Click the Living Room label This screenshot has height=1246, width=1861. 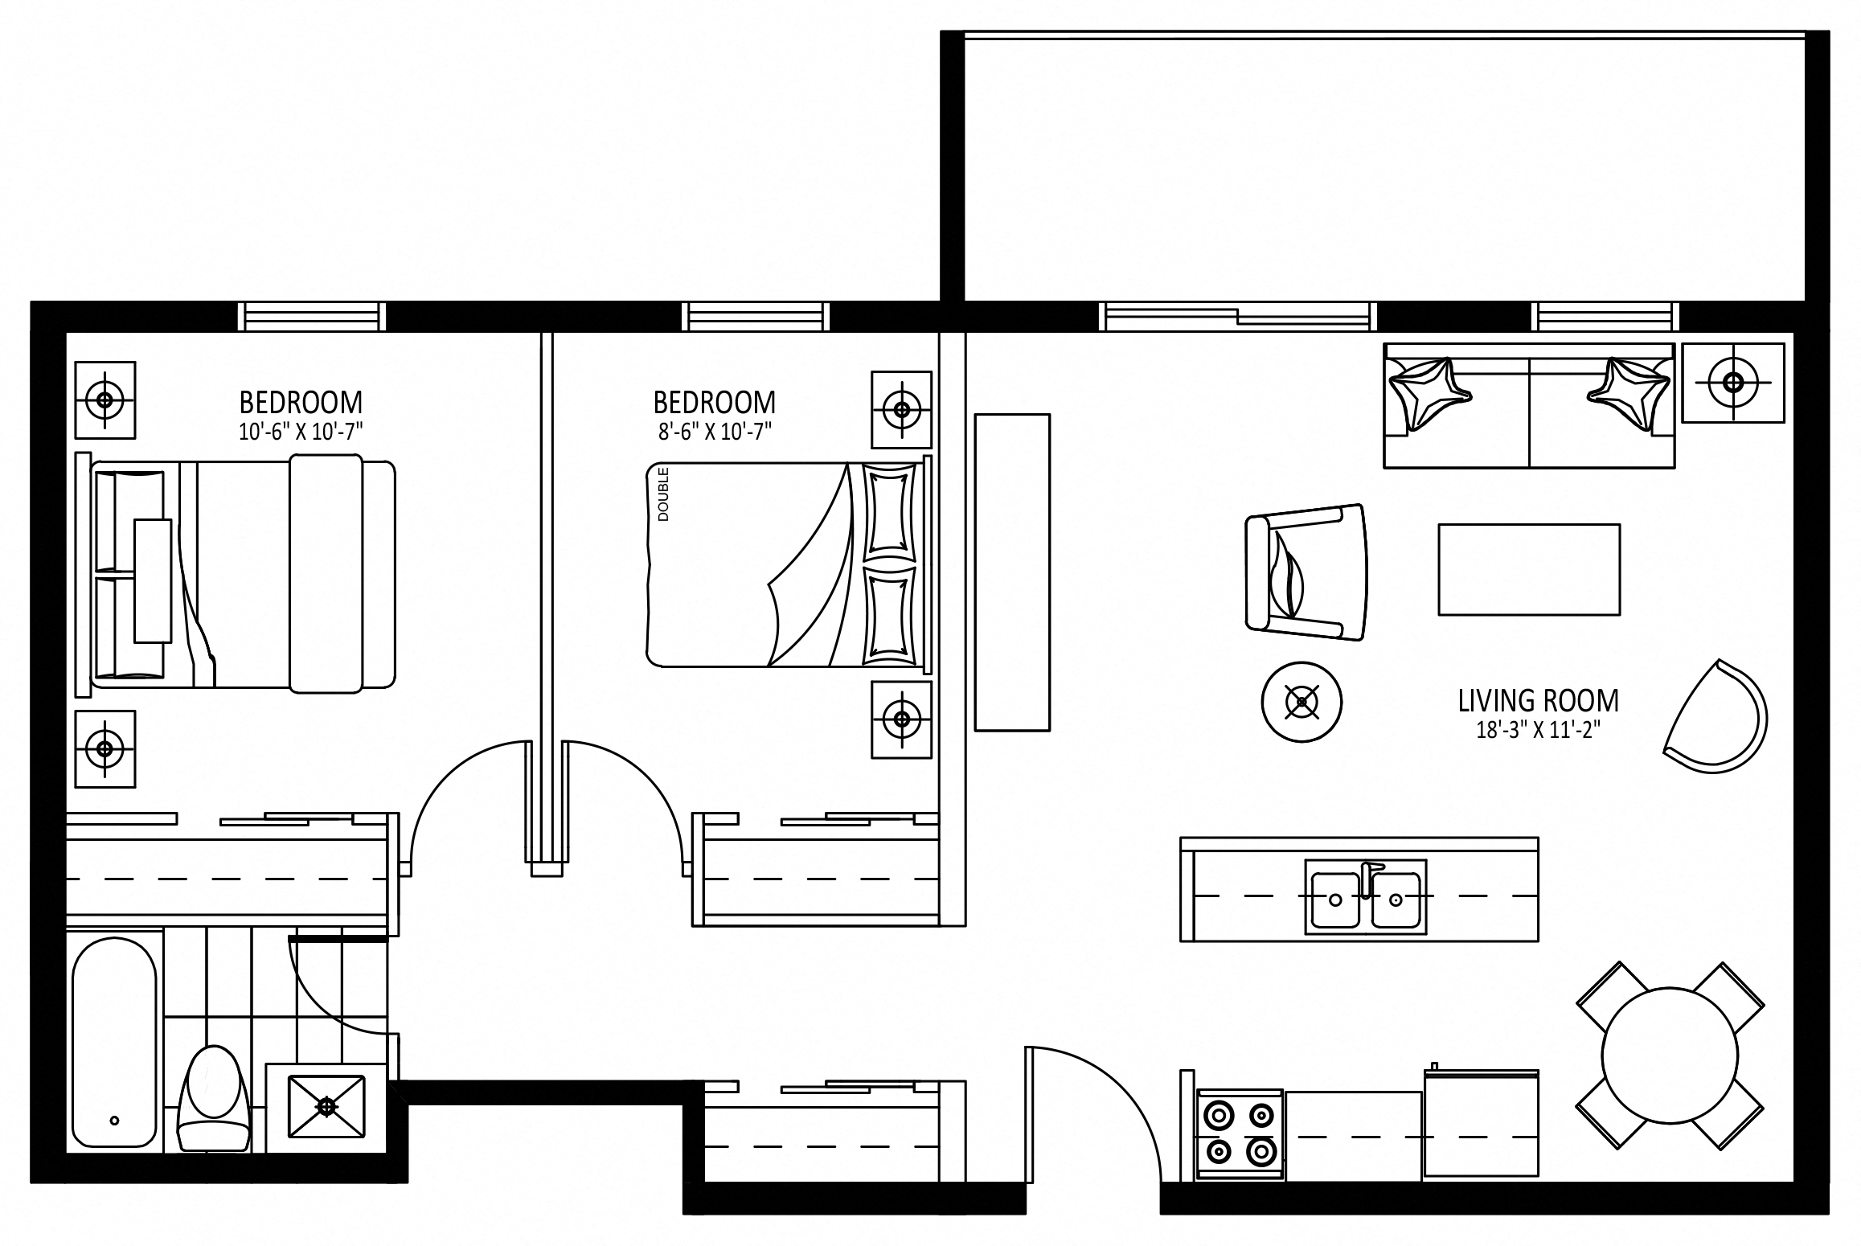[x=1539, y=701]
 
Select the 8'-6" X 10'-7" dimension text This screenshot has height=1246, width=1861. [x=715, y=432]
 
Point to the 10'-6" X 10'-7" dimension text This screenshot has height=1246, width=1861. [x=301, y=432]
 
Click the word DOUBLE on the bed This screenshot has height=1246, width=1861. [x=663, y=494]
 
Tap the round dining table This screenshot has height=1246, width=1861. [x=1670, y=1055]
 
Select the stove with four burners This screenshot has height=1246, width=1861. [x=1239, y=1136]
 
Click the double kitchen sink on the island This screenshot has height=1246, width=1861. [x=1365, y=896]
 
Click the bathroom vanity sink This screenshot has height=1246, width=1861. [x=326, y=1107]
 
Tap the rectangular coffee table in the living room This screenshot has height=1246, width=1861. [x=1529, y=570]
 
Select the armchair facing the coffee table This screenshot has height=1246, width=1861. [x=1306, y=572]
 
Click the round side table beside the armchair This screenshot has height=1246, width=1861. [x=1301, y=703]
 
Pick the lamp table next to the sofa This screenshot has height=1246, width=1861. [x=1732, y=383]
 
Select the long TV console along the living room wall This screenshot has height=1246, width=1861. [x=1012, y=572]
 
